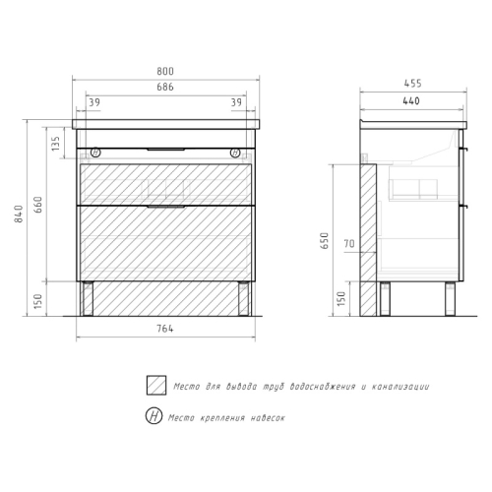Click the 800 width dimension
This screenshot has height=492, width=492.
pyautogui.click(x=165, y=71)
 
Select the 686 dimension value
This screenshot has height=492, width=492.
pyautogui.click(x=165, y=87)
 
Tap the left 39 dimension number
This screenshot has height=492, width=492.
pyautogui.click(x=94, y=102)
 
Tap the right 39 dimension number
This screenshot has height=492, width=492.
pyautogui.click(x=236, y=102)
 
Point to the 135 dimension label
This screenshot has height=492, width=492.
pyautogui.click(x=56, y=144)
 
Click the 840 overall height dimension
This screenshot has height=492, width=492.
pyautogui.click(x=19, y=214)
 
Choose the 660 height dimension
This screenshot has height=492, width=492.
pyautogui.click(x=38, y=205)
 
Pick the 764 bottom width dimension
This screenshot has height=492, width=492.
pyautogui.click(x=165, y=329)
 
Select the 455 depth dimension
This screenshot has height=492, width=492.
pyautogui.click(x=412, y=84)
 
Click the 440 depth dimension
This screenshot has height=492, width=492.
pyautogui.click(x=411, y=100)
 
